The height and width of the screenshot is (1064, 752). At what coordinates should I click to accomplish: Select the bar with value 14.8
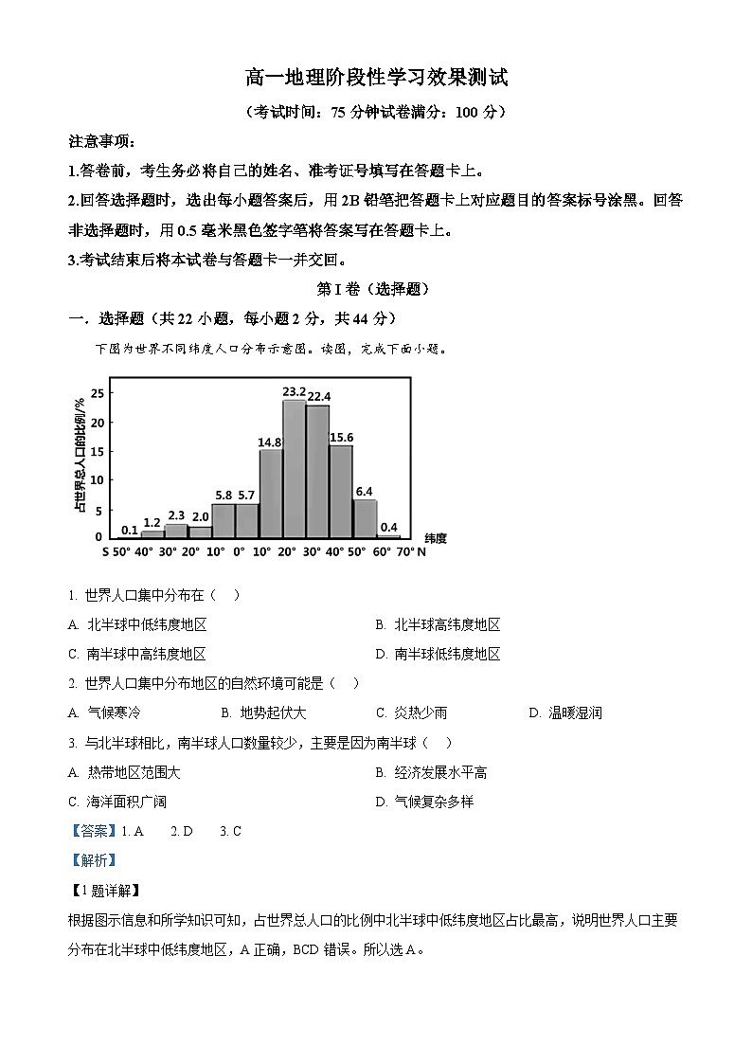tap(270, 493)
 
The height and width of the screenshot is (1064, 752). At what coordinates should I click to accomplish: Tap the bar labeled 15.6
tap(340, 491)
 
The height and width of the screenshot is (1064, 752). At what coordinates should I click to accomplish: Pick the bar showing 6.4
tap(364, 518)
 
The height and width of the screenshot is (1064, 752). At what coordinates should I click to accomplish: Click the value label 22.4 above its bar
tap(317, 396)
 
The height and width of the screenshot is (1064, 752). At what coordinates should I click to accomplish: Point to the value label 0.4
tap(388, 528)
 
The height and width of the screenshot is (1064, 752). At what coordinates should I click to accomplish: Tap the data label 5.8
tap(223, 495)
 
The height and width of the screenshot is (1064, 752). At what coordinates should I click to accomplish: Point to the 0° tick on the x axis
tap(239, 551)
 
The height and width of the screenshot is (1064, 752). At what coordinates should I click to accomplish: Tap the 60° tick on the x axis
tap(380, 551)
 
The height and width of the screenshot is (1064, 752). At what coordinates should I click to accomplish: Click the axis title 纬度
tap(435, 538)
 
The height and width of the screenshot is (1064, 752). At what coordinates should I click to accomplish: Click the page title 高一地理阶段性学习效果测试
tap(376, 78)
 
